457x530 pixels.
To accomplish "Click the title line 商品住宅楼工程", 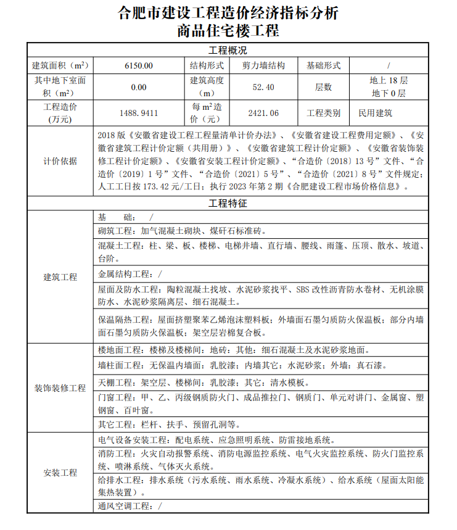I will coord(228,30).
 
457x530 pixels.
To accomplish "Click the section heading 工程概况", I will coord(228,51).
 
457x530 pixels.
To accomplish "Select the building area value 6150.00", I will coord(138,65).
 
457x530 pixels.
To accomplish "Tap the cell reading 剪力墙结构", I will coord(263,65).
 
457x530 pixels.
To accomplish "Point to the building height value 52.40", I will coord(263,87).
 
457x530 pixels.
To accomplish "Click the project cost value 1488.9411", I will coord(138,113).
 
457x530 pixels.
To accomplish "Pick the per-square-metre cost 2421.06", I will coord(263,113).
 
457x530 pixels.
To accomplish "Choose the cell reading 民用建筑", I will coord(376,113).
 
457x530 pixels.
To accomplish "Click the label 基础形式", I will coord(323,65).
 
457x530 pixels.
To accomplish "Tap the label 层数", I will coord(323,87).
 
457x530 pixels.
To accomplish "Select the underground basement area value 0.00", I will coord(138,87).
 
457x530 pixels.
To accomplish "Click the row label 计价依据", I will coord(60,160).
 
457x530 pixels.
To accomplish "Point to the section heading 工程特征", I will coord(228,203).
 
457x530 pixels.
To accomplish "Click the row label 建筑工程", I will coord(60,277).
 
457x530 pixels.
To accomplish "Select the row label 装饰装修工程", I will coord(60,388).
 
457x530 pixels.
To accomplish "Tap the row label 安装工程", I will coord(60,473).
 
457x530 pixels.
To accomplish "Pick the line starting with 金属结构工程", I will coord(130,274).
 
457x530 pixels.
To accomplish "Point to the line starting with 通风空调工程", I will coord(130,506).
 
